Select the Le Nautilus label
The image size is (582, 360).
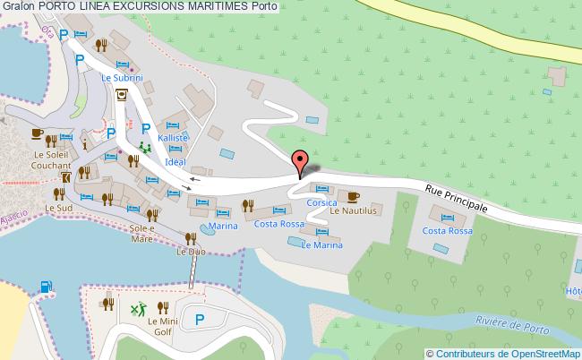pos(355,210)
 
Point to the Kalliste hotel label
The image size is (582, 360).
pos(174,139)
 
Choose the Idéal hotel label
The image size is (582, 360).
pos(175,161)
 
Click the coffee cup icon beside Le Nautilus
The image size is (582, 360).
pos(353,196)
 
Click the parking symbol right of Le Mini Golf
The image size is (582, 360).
pos(201,318)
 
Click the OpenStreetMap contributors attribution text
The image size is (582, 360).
pos(504,353)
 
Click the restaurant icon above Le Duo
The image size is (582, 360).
pos(190,237)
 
